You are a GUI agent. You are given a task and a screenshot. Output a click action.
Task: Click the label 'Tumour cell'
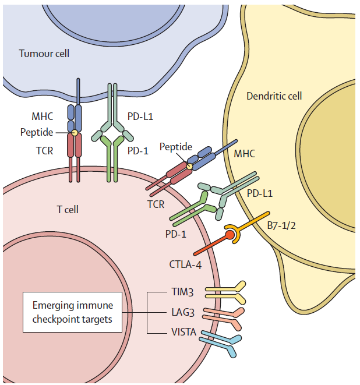[44, 54]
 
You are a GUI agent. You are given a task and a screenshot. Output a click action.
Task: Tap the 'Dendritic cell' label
[274, 96]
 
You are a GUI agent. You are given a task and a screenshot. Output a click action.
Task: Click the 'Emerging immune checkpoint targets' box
[73, 312]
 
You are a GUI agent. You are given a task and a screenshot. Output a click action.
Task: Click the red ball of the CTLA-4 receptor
[230, 235]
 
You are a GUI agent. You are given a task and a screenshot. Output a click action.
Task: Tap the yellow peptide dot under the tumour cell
[75, 133]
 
